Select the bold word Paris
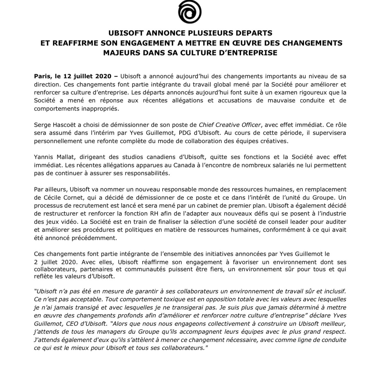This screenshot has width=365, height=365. point(43,76)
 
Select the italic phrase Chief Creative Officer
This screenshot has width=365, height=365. point(230,125)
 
